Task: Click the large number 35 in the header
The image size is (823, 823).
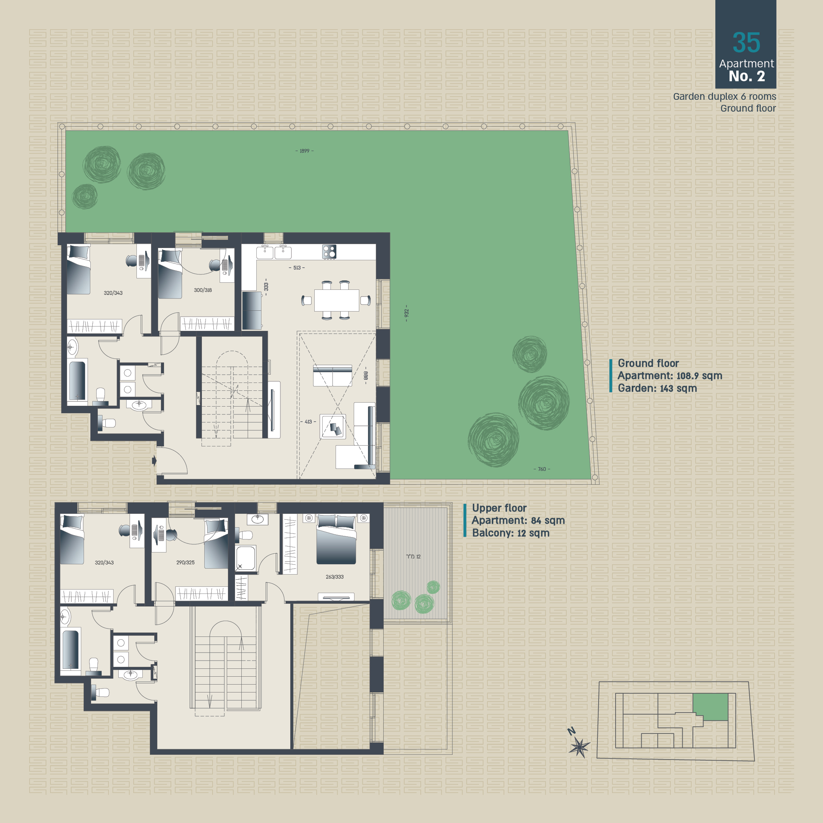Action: point(746,43)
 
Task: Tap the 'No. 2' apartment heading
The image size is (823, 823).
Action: point(747,76)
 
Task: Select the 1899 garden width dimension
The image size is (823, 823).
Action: point(304,151)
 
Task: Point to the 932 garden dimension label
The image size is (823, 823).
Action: point(407,313)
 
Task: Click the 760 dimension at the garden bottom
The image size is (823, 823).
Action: point(542,469)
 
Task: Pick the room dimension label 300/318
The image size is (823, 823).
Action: point(203,290)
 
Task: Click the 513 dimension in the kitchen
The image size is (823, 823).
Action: point(297,268)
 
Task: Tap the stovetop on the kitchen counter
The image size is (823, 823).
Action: point(329,251)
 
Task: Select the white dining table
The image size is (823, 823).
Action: point(336,300)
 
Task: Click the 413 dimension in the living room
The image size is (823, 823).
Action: point(308,422)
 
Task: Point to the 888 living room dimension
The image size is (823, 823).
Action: point(366,375)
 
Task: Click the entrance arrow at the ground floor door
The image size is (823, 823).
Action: point(154,461)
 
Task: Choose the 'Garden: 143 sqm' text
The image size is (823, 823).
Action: point(657,388)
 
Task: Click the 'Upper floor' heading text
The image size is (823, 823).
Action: point(499,508)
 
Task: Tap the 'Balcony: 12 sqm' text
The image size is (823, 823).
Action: point(511,533)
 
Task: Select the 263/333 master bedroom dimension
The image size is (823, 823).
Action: point(334,577)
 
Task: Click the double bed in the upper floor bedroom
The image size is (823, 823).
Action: point(336,539)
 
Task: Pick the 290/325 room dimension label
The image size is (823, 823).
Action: point(185,563)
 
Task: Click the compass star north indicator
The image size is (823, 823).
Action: point(579,747)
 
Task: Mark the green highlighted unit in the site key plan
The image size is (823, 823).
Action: point(710,707)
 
